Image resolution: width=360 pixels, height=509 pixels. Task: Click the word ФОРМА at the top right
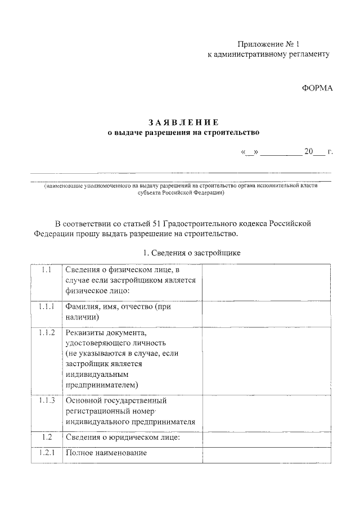pyautogui.click(x=318, y=88)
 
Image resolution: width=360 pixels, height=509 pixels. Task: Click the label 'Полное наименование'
pyautogui.click(x=106, y=453)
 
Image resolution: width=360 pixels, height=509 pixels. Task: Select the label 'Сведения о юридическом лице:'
pyautogui.click(x=123, y=437)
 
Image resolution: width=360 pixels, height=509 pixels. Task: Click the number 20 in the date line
pyautogui.click(x=308, y=152)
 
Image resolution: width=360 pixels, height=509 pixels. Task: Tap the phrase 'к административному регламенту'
pyautogui.click(x=268, y=55)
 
